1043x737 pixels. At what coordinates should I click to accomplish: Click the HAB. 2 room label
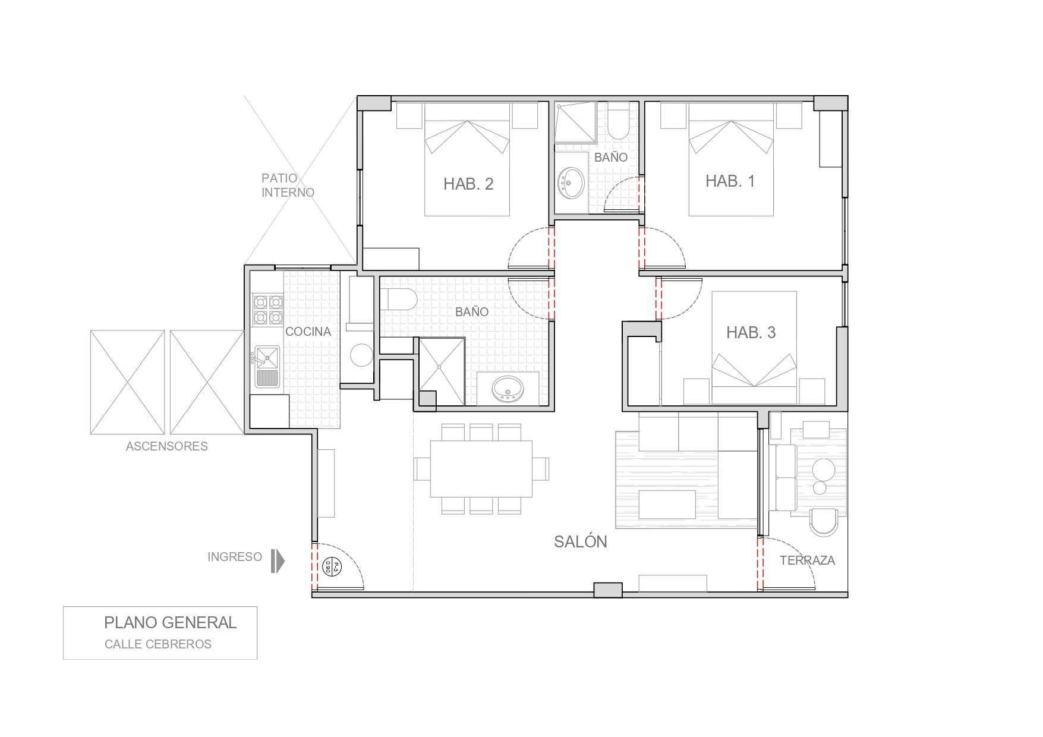(x=468, y=184)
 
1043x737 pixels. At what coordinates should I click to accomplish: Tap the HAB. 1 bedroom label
(x=730, y=181)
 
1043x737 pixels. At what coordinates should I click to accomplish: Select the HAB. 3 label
(x=751, y=332)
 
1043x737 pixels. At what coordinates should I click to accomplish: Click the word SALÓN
(x=580, y=541)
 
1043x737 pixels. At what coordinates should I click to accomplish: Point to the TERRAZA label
(x=807, y=560)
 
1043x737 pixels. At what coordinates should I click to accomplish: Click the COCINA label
(x=308, y=332)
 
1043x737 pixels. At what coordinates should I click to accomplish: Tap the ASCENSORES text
(x=166, y=446)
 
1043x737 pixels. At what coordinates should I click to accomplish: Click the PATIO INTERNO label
(x=288, y=185)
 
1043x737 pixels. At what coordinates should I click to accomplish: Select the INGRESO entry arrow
(x=278, y=560)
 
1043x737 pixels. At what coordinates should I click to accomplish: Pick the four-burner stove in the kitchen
(x=267, y=310)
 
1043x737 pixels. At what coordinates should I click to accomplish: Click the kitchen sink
(x=267, y=357)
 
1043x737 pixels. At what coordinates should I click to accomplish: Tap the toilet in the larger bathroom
(x=398, y=300)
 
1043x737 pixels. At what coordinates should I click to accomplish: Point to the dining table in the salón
(x=481, y=468)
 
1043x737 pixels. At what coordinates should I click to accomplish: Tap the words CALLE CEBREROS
(x=157, y=644)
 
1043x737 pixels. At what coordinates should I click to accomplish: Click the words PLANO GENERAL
(x=170, y=622)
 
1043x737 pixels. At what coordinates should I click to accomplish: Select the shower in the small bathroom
(x=575, y=122)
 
